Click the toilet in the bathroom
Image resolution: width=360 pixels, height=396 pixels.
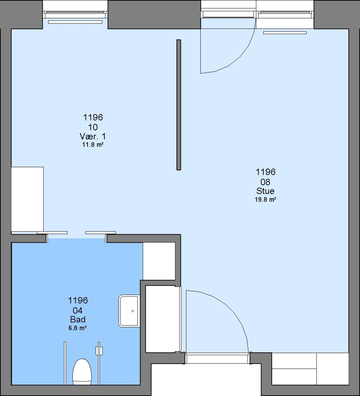[x=82, y=371]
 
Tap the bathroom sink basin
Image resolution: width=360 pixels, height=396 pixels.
[x=129, y=311]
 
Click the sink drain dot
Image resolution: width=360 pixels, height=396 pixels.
[x=133, y=311]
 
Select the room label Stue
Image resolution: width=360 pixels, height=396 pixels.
[x=266, y=191]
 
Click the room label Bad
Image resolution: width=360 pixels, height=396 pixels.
[x=78, y=319]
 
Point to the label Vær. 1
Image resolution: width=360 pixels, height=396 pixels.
[x=93, y=136]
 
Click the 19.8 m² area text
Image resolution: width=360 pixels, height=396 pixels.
[x=266, y=199]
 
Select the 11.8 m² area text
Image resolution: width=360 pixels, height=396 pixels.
[x=93, y=145]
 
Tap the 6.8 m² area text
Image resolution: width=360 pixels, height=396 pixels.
[x=78, y=328]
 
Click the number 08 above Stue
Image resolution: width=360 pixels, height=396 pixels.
[x=266, y=182]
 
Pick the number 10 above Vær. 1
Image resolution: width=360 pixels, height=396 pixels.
[x=93, y=127]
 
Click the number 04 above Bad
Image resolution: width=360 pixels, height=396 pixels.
[x=78, y=311]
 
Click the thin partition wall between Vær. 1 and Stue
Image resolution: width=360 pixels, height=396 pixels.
[x=179, y=105]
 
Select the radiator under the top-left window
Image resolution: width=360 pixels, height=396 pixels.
[x=75, y=22]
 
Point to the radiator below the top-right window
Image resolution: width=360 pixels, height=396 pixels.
[x=285, y=33]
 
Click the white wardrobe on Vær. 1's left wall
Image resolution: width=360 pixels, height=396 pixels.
[x=27, y=199]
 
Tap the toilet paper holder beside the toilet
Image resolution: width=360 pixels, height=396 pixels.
[x=99, y=351]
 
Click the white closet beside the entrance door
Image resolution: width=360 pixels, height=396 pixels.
[x=160, y=319]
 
